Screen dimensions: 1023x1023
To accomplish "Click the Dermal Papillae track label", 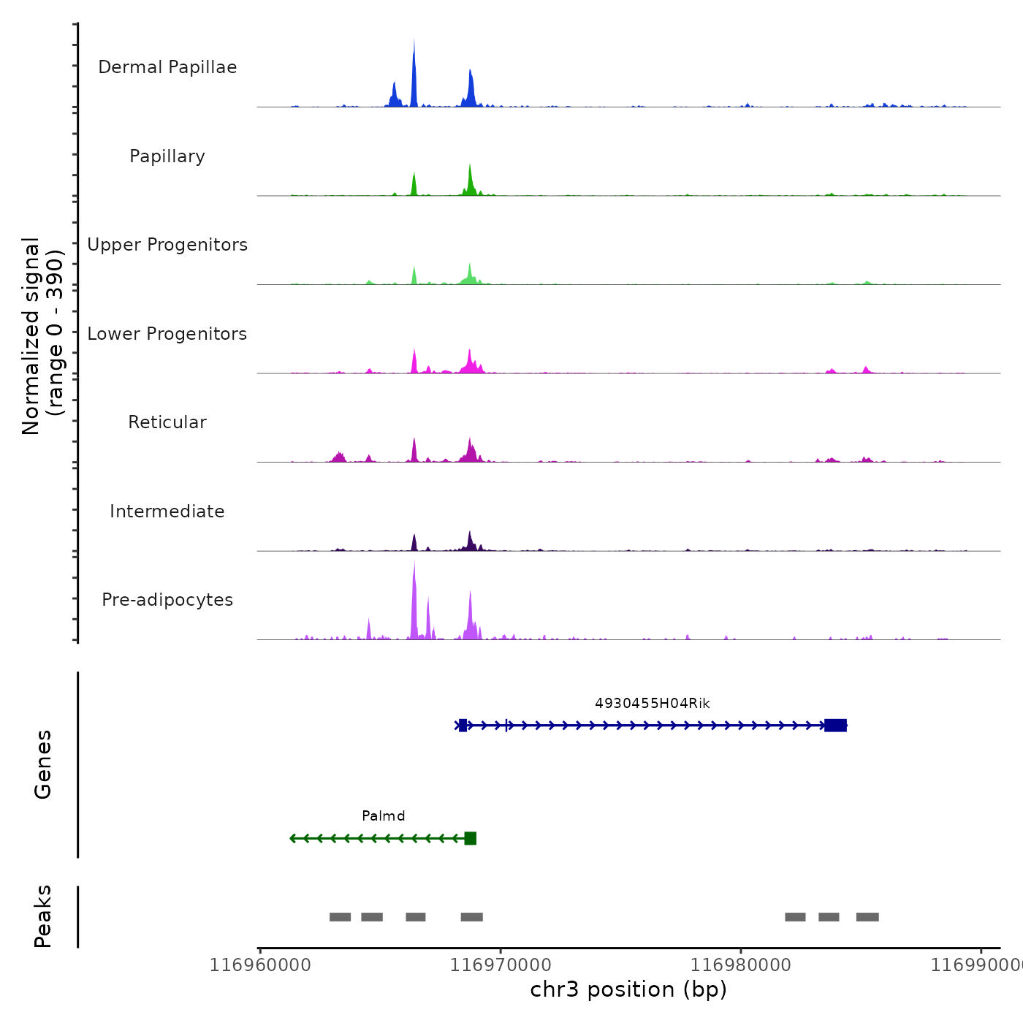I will [167, 67].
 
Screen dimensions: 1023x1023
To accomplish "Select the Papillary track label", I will [167, 156].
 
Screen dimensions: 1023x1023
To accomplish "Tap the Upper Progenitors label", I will [167, 245].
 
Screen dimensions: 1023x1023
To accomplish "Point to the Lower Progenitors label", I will [167, 334].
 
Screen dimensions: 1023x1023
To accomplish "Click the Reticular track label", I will [167, 422].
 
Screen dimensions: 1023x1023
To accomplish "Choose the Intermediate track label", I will [167, 512].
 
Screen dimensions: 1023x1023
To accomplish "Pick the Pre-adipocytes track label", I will [167, 600].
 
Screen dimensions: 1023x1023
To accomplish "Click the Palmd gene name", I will [383, 816].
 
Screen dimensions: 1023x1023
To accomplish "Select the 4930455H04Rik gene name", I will [652, 704].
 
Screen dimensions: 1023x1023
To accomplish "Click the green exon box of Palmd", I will [470, 838].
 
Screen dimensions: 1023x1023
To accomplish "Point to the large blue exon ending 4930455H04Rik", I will [835, 725].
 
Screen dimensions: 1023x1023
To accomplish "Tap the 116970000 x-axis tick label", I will [501, 965].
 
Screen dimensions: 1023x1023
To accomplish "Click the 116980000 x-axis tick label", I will [741, 965].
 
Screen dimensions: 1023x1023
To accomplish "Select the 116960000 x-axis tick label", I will [260, 965].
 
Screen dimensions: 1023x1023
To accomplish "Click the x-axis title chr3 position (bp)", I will [628, 989].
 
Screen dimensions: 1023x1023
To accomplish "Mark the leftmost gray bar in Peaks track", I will [340, 917].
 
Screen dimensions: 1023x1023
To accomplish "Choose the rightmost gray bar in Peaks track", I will [867, 917].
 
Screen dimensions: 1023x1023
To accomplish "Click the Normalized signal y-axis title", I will [42, 336].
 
